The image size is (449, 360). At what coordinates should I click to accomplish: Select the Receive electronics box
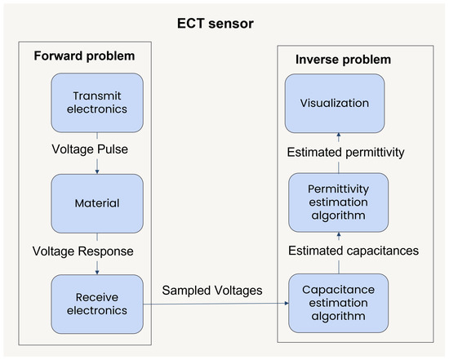pyautogui.click(x=97, y=303)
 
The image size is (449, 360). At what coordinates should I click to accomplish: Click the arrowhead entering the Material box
pyautogui.click(x=97, y=171)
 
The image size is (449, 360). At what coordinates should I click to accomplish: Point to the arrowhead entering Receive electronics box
pyautogui.click(x=97, y=273)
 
